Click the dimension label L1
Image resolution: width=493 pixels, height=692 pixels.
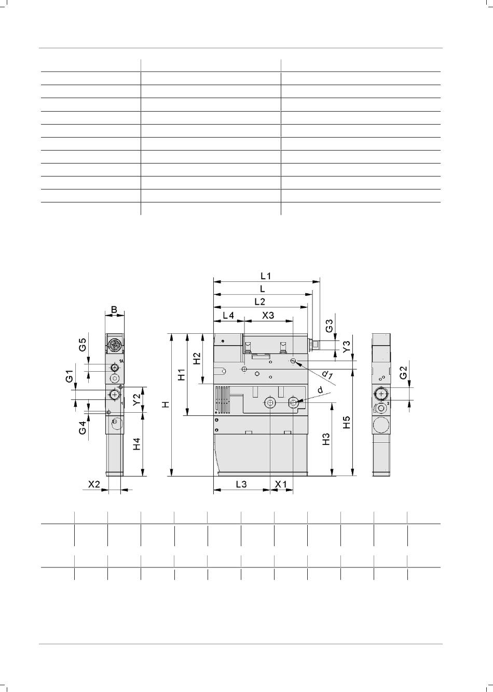[x=265, y=276]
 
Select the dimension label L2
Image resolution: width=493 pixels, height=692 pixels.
[x=260, y=302]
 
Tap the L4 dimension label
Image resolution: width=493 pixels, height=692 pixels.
[x=228, y=316]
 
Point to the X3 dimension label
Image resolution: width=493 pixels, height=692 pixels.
[x=268, y=316]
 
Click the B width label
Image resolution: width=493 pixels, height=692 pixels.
[x=114, y=309]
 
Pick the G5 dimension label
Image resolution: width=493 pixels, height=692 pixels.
[x=82, y=345]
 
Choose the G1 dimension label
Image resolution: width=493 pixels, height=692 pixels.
[x=70, y=376]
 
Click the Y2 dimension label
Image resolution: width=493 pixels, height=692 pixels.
[x=137, y=400]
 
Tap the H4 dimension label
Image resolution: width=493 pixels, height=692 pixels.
[x=137, y=444]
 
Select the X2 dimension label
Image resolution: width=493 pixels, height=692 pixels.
[x=94, y=484]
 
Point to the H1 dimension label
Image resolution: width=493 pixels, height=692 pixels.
[x=182, y=374]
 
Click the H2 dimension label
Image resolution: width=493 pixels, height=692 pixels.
[x=197, y=358]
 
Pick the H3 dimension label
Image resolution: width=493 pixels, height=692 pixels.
[x=326, y=439]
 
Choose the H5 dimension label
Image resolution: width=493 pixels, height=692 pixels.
[x=347, y=422]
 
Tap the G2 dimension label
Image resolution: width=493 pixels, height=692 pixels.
[x=403, y=373]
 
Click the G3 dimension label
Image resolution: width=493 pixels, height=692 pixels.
[x=330, y=326]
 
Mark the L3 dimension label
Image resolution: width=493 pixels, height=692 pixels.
[x=241, y=484]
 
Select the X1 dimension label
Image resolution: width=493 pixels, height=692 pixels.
[x=281, y=484]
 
